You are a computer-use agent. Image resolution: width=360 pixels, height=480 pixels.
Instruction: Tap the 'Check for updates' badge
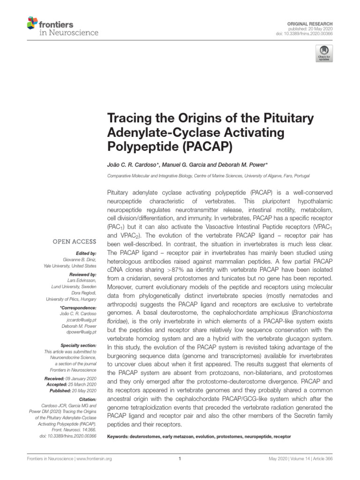coord(324,53)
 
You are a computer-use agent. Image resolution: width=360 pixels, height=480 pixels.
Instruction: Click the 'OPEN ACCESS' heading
coord(75,242)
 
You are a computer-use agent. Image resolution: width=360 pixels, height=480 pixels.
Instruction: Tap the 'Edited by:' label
coord(87,253)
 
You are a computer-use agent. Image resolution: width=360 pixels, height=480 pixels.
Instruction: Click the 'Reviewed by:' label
coord(84,274)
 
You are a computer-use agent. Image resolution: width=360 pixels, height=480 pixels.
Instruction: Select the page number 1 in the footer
coord(180,459)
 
